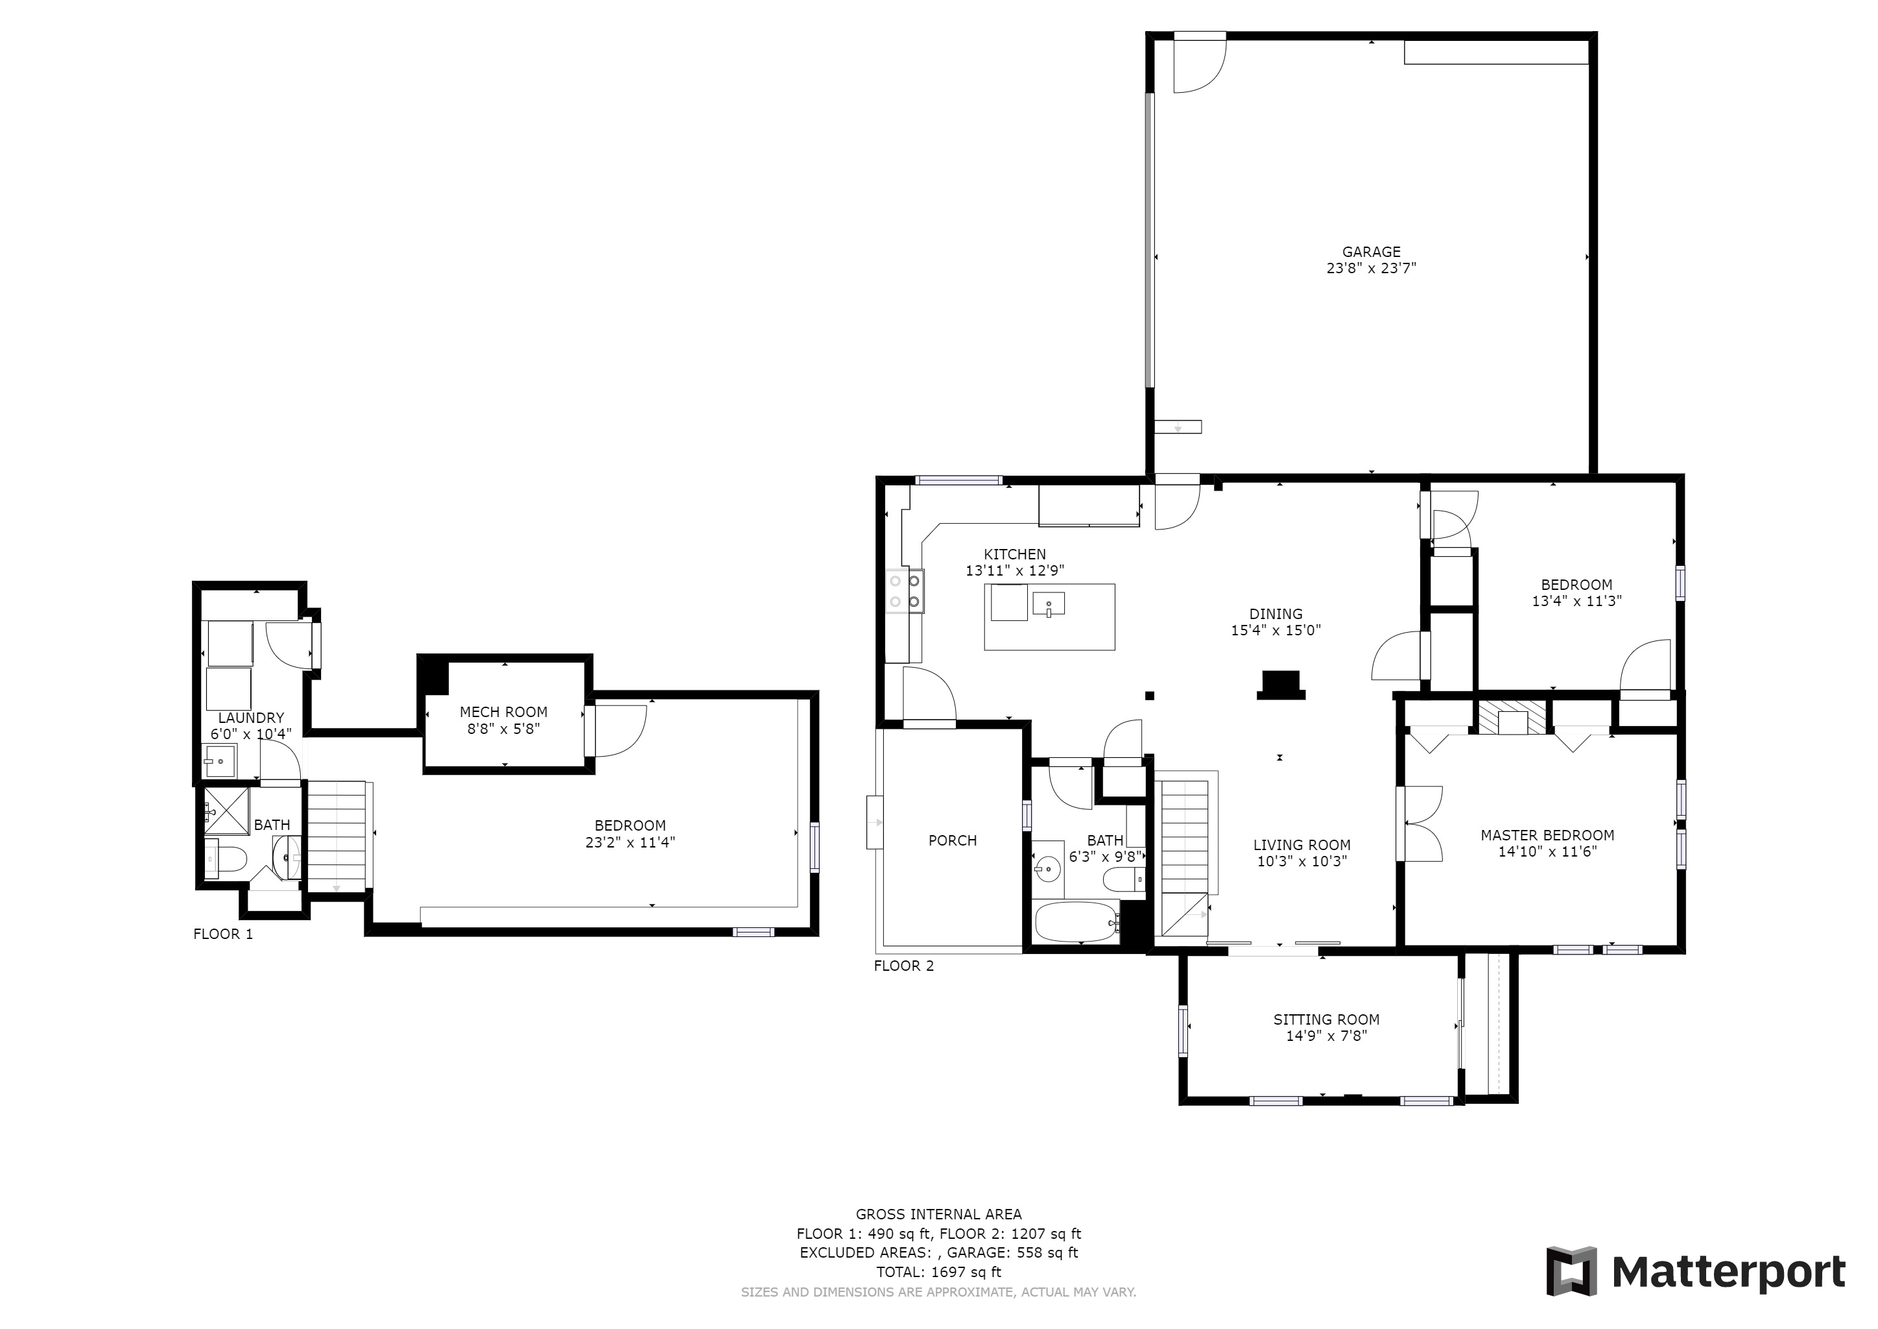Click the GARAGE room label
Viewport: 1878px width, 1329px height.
(x=1371, y=252)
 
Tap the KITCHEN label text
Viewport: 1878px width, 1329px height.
(x=1014, y=555)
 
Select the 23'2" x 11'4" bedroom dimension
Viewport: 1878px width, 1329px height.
(x=630, y=842)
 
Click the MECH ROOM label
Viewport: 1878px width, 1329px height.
(x=503, y=712)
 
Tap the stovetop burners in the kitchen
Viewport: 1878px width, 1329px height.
(x=905, y=592)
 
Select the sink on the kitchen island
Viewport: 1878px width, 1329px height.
(x=1049, y=605)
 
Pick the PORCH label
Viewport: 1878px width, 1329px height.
(x=952, y=840)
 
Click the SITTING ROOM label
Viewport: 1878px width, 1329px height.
(x=1326, y=1019)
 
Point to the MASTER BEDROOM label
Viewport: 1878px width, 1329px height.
(x=1547, y=836)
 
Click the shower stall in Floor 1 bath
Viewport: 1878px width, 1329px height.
(x=226, y=811)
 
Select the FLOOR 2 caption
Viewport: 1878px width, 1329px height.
(x=903, y=966)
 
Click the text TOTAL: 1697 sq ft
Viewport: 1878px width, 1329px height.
(x=938, y=1273)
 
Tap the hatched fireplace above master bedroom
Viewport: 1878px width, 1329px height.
(x=1512, y=717)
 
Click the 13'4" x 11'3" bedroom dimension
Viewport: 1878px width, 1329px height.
(x=1576, y=601)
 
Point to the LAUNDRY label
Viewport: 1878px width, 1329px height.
(x=251, y=718)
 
